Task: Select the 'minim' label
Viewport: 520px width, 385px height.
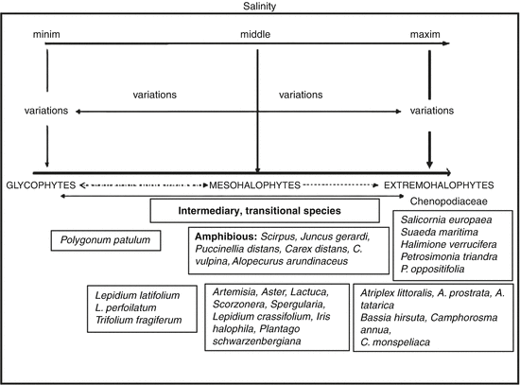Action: point(47,34)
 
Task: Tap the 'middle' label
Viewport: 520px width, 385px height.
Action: point(257,34)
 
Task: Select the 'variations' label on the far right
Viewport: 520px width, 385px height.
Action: point(431,111)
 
